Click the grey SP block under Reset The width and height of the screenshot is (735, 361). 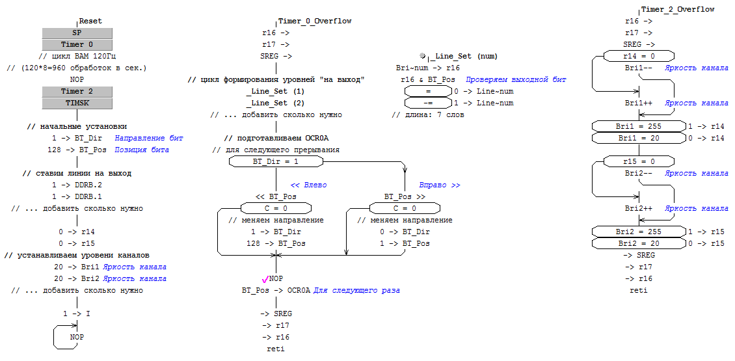click(77, 33)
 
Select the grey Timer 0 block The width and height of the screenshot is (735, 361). click(77, 45)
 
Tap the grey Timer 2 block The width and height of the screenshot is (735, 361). click(77, 92)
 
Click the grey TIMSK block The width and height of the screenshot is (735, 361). click(77, 103)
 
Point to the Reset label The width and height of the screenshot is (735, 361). click(90, 21)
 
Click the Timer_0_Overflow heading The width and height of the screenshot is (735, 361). click(315, 21)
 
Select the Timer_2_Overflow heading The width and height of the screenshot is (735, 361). click(678, 10)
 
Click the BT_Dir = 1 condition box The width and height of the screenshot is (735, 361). click(276, 161)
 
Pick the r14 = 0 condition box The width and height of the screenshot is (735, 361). click(639, 57)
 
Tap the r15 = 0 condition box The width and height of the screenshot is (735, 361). click(639, 161)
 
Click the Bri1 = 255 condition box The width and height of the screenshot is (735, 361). click(639, 126)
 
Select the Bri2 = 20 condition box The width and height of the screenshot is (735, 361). click(639, 243)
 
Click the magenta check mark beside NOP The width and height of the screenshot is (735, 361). click(264, 279)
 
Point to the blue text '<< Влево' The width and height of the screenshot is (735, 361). click(308, 185)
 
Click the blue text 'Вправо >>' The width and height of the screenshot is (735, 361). click(439, 185)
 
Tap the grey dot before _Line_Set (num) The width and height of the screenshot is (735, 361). click(423, 57)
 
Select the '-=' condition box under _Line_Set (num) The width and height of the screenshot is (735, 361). click(428, 103)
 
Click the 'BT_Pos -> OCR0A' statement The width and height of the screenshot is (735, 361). click(276, 290)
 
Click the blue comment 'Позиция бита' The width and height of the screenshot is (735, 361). click(142, 150)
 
